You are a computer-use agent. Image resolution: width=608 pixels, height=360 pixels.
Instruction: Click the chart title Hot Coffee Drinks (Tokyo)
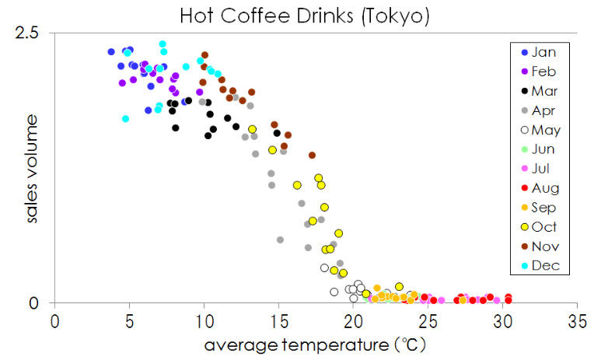point(304,15)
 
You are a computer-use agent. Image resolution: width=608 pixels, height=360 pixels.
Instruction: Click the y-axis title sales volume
point(32,168)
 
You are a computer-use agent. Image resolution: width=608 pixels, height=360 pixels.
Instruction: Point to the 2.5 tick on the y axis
point(36,33)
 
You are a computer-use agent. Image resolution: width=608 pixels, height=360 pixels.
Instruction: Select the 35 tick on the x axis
point(577,320)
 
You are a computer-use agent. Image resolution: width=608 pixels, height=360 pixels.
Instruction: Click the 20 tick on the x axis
point(353,320)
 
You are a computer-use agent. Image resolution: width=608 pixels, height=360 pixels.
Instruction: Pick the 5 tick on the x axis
point(129,320)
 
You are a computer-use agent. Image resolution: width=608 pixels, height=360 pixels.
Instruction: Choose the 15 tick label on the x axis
point(278,320)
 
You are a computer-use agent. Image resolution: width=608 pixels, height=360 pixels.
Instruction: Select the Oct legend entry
point(545,227)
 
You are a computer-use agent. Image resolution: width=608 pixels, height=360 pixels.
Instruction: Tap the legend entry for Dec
point(545,266)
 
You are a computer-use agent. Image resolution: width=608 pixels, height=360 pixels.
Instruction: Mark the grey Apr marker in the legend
point(525,110)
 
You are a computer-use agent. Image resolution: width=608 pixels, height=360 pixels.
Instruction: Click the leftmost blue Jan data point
point(111,52)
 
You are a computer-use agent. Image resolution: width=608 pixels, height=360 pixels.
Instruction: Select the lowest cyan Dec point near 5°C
point(125,119)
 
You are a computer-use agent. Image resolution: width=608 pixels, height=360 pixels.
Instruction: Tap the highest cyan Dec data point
point(162,44)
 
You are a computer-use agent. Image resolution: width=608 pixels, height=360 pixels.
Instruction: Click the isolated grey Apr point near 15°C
point(280,239)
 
